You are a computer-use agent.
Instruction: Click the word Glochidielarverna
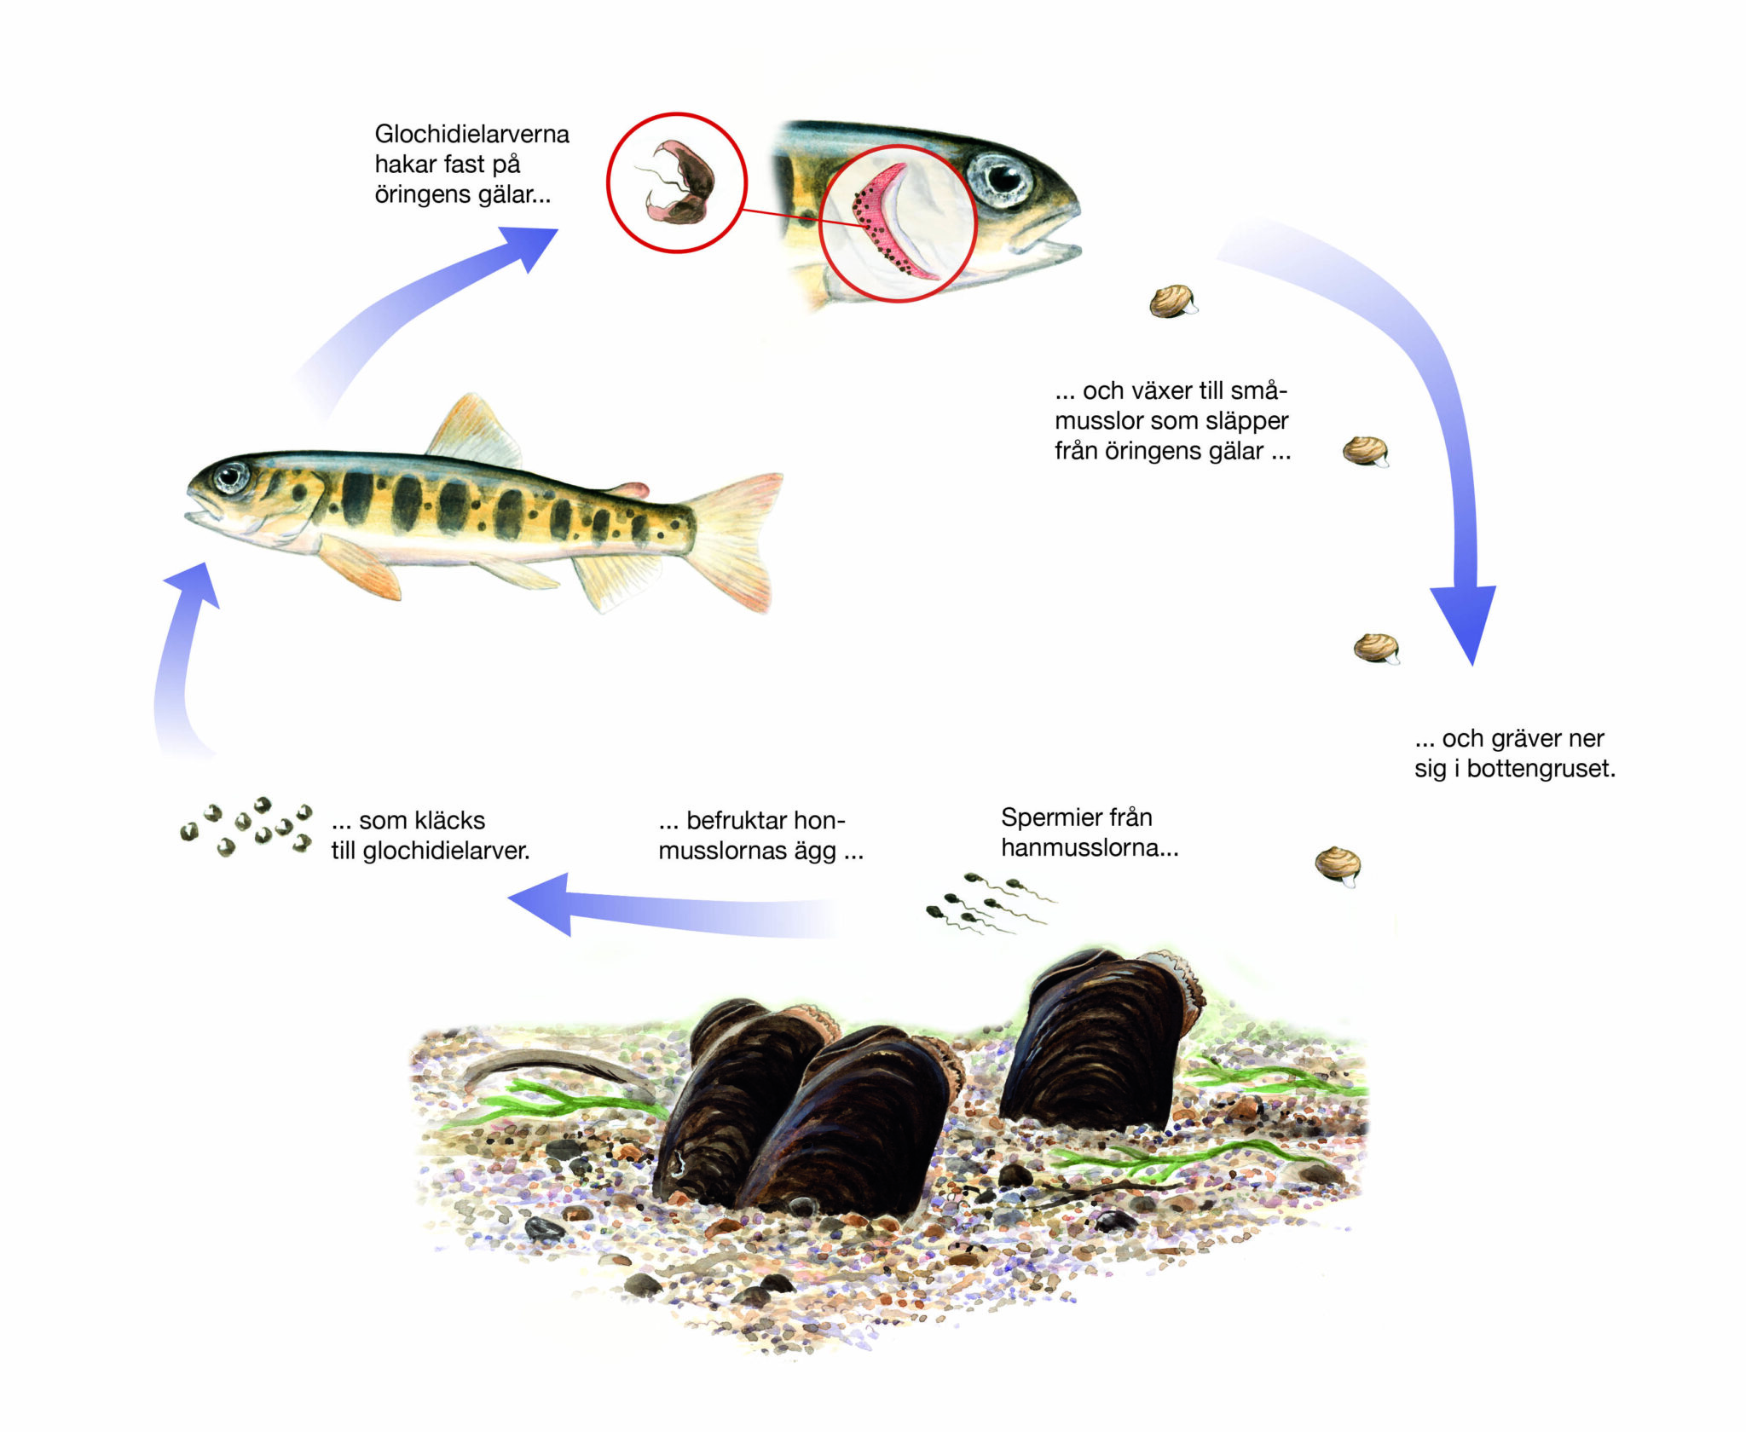pos(471,134)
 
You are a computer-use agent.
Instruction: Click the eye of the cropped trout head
pos(1004,177)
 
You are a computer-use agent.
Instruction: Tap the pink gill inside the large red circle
pos(887,221)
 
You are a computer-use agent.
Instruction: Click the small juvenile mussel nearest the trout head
pos(1172,300)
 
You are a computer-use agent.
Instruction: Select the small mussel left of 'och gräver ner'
pos(1375,648)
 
